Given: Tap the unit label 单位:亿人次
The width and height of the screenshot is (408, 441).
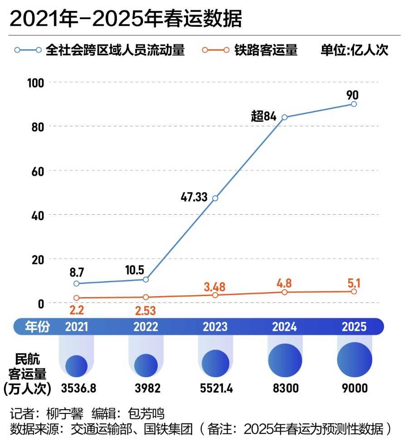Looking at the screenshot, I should coord(355,50).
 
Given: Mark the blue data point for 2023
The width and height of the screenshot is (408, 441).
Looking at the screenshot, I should coord(215,198).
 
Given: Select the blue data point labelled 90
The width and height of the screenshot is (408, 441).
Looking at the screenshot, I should coord(354,104).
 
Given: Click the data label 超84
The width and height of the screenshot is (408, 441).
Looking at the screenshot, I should coord(264,116).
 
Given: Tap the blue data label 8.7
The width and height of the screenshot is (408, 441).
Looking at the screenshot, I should coord(77,273).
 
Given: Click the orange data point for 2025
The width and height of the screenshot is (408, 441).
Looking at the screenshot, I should coord(354,292).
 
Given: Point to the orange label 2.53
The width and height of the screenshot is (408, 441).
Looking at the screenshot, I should coord(146,312).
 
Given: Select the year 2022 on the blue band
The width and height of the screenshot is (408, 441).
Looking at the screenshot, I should coord(146,326).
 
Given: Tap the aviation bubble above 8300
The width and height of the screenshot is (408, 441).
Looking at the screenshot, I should coord(284,361).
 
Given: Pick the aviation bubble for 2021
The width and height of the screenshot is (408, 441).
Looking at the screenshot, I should coord(77,366).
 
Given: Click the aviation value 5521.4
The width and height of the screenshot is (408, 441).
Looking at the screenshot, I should coord(215,388).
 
